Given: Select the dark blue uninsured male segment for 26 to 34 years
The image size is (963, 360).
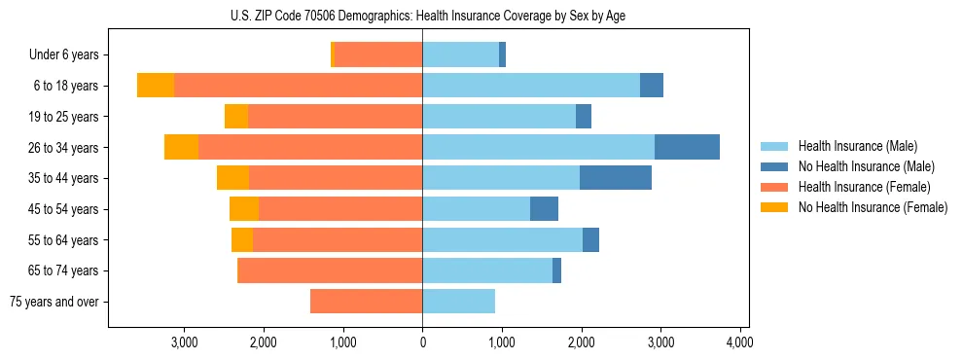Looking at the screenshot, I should (x=687, y=147).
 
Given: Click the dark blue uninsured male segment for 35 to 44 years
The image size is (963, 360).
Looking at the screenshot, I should (x=616, y=178).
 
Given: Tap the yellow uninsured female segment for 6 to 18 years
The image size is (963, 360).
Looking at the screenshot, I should (x=156, y=86).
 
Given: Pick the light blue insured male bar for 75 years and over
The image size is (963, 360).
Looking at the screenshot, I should (x=458, y=302).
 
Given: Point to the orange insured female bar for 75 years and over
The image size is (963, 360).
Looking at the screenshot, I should (x=366, y=302).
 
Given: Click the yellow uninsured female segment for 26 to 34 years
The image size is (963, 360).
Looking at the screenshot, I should (x=181, y=147).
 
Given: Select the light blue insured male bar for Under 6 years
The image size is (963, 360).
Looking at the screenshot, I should (x=460, y=54).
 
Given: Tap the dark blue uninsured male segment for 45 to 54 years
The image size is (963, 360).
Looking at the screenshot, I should (x=544, y=209).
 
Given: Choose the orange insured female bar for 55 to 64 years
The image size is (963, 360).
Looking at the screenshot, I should (x=338, y=239).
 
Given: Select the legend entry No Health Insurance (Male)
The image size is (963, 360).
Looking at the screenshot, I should (x=866, y=166).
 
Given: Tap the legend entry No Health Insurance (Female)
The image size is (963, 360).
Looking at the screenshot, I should (x=873, y=207).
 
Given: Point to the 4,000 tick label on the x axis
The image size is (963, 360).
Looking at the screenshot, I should (x=739, y=342).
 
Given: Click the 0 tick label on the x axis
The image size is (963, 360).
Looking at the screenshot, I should (x=422, y=342).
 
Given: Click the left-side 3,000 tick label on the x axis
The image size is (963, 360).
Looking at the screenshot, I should (x=184, y=342).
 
